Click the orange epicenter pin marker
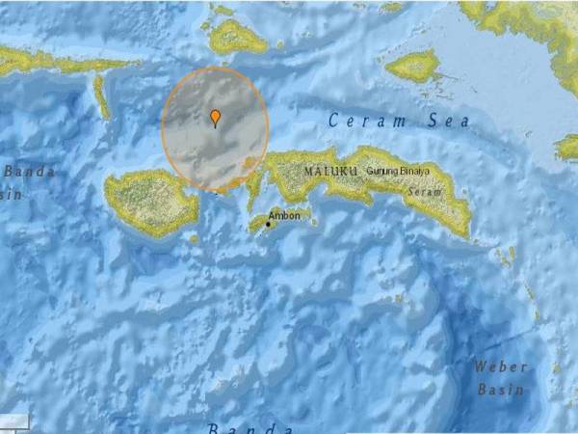point(215,118)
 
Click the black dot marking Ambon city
point(269,225)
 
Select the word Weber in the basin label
point(500,367)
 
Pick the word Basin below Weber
point(500,390)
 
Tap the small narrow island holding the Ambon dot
point(279,222)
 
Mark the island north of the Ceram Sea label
point(414,66)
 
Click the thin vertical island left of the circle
point(101,96)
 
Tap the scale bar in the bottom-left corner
point(14,422)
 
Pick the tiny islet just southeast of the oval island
point(194,238)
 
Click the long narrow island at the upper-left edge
point(48,63)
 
